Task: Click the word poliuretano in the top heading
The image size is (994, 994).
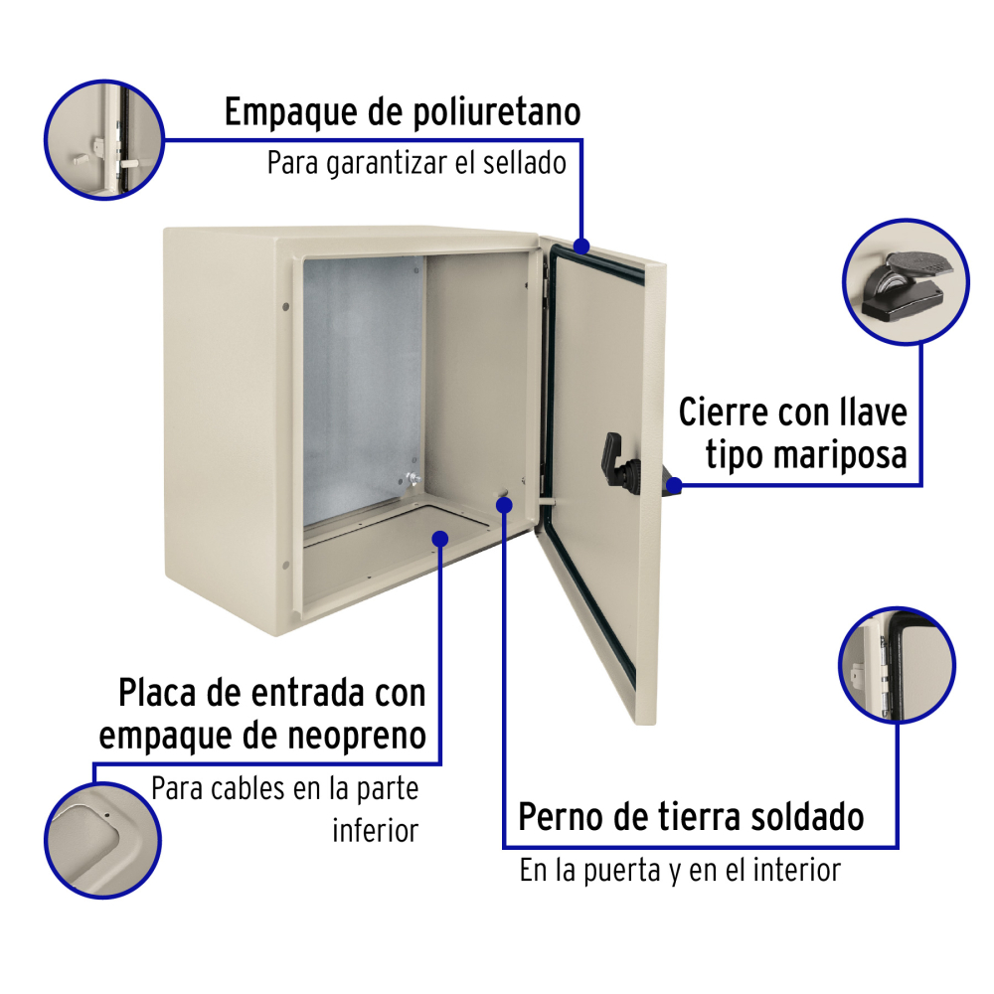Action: tap(496, 113)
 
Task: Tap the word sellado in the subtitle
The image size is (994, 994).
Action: tap(524, 163)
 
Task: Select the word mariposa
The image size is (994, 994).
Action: tap(838, 456)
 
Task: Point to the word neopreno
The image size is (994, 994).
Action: tap(356, 737)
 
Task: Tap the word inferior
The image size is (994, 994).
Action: tap(376, 830)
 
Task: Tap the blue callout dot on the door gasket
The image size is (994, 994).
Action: tap(580, 246)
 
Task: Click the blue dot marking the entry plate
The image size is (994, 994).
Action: tap(440, 539)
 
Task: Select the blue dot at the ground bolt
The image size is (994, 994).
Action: tap(504, 505)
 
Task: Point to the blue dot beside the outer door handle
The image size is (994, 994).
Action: tap(674, 486)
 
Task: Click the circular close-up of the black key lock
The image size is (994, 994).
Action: tap(906, 281)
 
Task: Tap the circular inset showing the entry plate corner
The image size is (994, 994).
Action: tap(102, 840)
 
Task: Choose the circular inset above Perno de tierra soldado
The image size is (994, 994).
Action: tap(897, 665)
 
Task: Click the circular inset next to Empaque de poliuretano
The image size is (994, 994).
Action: tap(104, 140)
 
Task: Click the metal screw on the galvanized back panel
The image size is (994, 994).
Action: tap(413, 479)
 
